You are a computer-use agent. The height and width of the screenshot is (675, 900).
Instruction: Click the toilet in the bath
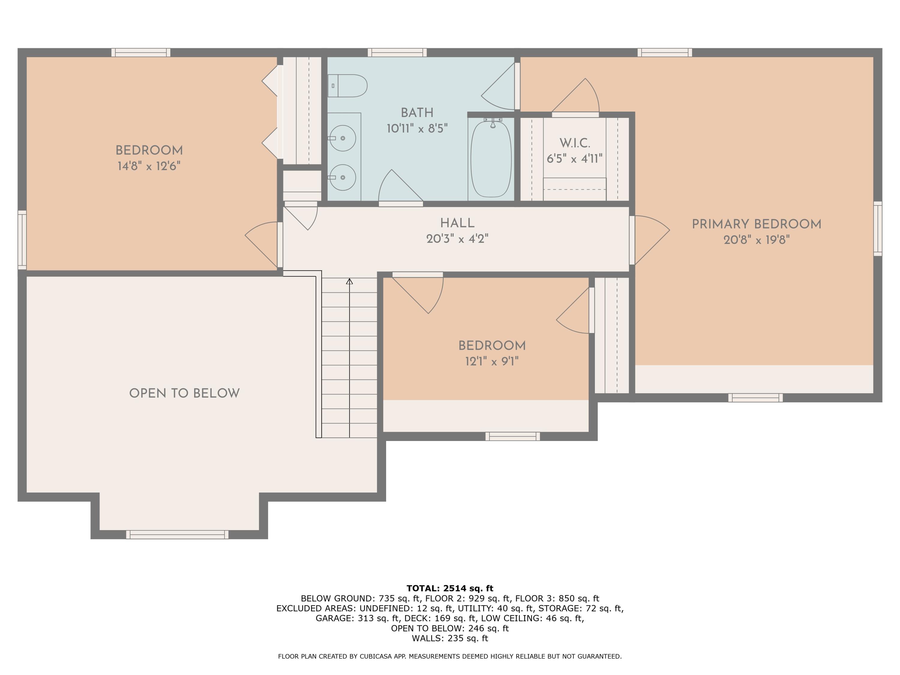(348, 86)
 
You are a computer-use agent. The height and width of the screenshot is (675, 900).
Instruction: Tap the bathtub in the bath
(491, 159)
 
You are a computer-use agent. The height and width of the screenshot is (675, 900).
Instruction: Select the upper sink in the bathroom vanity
(342, 138)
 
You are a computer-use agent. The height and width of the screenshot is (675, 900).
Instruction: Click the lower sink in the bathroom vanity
(342, 177)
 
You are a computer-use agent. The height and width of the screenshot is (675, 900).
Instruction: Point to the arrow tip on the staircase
(349, 281)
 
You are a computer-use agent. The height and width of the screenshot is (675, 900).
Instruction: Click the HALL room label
(457, 223)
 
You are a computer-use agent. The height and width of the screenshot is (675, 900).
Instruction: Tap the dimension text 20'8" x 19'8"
(756, 240)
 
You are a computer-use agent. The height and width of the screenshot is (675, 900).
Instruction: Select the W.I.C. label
(574, 143)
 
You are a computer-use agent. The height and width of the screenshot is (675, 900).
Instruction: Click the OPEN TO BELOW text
(184, 393)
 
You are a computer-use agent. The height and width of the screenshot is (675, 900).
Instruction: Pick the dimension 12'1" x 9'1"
(492, 361)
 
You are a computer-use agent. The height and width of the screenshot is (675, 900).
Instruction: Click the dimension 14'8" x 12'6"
(149, 166)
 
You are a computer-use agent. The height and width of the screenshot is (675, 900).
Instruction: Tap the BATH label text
(417, 113)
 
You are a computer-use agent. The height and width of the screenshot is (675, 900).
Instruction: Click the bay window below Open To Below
(177, 535)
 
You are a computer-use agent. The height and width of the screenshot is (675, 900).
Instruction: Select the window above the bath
(397, 52)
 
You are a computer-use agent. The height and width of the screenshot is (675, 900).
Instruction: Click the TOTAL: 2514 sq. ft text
(450, 588)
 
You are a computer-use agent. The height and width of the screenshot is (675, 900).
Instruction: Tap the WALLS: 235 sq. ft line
(450, 638)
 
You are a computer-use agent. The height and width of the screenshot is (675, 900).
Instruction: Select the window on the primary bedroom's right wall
(877, 229)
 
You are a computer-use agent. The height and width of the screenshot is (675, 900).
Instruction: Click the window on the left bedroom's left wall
(22, 240)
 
